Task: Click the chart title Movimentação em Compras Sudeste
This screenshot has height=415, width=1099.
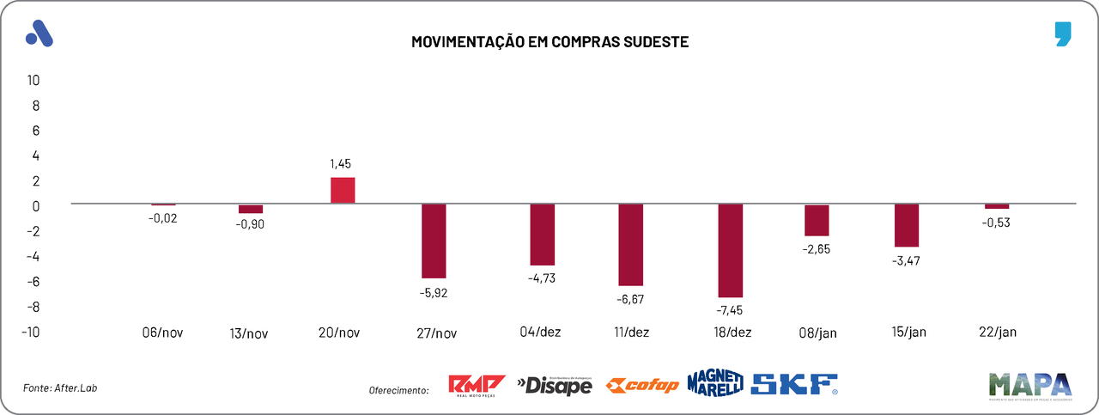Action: coord(549,41)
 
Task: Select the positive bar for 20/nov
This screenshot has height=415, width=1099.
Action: coord(343,190)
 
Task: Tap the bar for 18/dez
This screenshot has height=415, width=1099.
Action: coord(731,250)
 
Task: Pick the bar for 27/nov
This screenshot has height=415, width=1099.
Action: coord(434,241)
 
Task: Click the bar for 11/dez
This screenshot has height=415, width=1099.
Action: coord(631,245)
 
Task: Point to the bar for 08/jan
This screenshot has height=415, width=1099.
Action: coord(817,220)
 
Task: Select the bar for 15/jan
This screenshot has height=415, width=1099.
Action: coord(907,225)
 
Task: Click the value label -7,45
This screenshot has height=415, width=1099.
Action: coord(732,310)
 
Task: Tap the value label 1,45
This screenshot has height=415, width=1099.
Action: coord(340,163)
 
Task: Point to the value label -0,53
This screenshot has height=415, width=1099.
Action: coord(997,223)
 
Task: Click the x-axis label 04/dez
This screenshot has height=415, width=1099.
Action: coord(540,332)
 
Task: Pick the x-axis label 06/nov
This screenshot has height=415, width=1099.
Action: coord(162,332)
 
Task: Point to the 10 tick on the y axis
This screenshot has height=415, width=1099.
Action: coord(33,80)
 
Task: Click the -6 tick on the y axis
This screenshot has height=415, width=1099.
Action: coord(33,282)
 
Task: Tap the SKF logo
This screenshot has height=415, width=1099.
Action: coord(794,384)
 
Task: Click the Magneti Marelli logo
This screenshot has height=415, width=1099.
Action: coord(714,384)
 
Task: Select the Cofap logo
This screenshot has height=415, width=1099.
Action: coord(642,385)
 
